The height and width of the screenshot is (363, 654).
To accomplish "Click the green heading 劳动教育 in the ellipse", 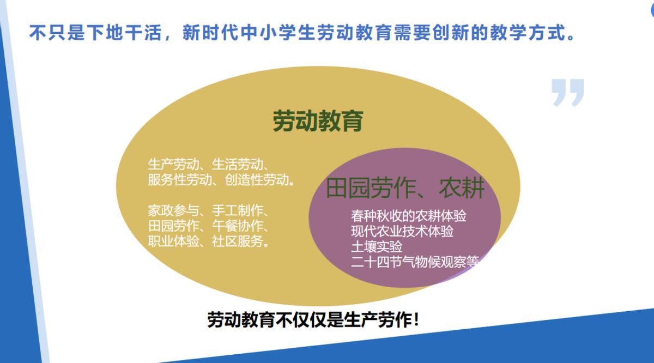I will [318, 121].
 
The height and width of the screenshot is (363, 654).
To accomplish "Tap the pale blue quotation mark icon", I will [567, 92].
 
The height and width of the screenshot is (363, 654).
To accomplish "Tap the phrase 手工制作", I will [235, 210].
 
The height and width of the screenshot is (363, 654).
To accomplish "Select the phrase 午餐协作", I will [235, 226].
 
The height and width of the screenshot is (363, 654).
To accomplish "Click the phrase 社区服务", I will [235, 241].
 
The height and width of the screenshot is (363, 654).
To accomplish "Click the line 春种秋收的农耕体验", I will [409, 216].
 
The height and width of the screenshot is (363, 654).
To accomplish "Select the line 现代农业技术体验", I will [402, 231].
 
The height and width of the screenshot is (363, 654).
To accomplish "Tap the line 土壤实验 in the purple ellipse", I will [377, 246].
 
